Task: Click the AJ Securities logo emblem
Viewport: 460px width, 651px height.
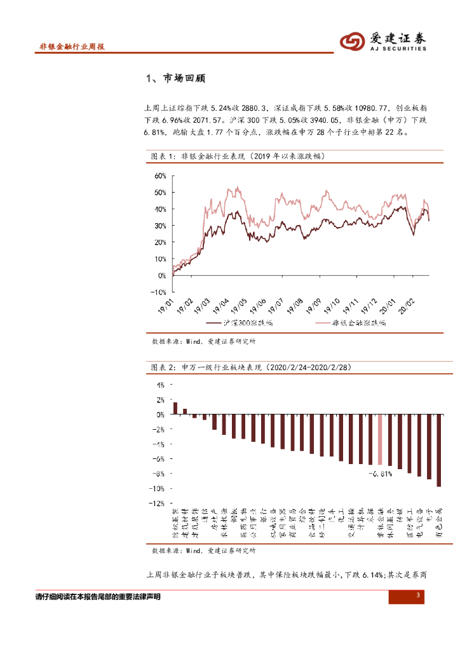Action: [x=352, y=42]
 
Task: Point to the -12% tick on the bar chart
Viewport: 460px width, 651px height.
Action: [x=157, y=504]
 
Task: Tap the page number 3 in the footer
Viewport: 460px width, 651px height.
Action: [x=418, y=595]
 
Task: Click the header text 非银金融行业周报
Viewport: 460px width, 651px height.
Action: [x=71, y=47]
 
